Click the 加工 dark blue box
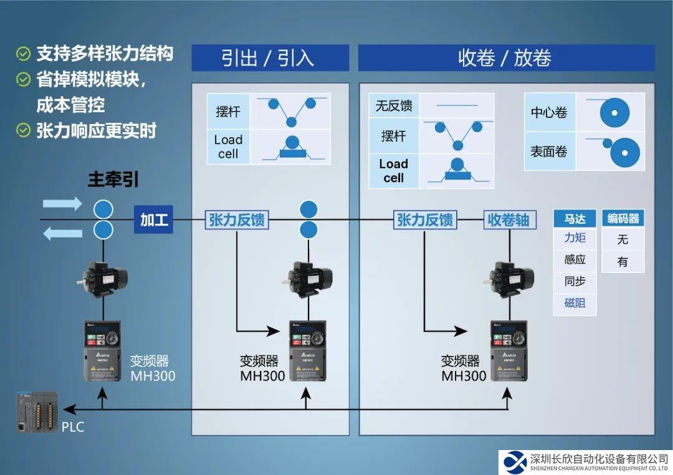(x=153, y=220)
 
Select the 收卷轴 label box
(x=508, y=220)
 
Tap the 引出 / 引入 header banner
(x=270, y=58)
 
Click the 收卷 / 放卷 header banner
(x=505, y=58)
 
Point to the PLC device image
(x=37, y=411)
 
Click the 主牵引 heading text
(x=113, y=180)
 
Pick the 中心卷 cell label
(x=549, y=113)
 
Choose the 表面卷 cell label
(x=549, y=151)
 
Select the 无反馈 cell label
(x=394, y=106)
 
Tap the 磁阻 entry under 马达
(x=575, y=304)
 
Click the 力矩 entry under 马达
(x=575, y=238)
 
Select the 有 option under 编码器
(x=623, y=262)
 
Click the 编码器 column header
(x=623, y=219)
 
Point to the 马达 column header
(x=575, y=219)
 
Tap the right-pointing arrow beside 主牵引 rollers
(x=62, y=204)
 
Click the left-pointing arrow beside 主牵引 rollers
(x=62, y=234)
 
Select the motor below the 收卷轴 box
(x=508, y=277)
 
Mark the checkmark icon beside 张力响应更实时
(x=23, y=130)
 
